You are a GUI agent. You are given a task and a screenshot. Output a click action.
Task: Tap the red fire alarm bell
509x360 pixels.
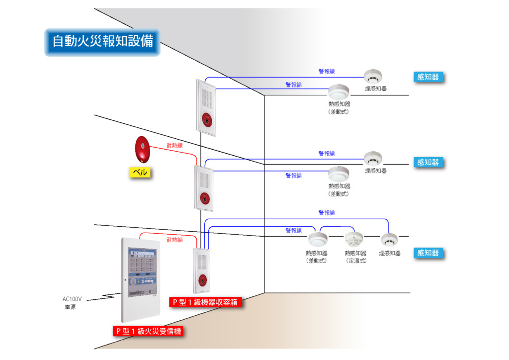142,149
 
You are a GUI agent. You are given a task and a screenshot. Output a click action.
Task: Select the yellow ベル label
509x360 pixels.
138,173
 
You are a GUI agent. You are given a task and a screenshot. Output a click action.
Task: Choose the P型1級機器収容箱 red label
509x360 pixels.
205,302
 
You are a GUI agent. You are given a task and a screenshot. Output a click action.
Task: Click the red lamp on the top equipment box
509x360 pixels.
206,119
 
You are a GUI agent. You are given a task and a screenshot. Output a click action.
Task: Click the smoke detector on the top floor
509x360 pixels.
373,77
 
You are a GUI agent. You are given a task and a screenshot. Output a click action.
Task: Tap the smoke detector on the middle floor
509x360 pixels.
373,159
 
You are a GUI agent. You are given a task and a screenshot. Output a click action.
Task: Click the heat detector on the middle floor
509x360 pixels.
339,174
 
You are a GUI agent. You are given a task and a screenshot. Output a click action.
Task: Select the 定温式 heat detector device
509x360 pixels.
355,239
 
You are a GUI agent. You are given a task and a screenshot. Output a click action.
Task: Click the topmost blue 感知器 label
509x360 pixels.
428,77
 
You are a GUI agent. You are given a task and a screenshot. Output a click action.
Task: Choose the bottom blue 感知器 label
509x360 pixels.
428,253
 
